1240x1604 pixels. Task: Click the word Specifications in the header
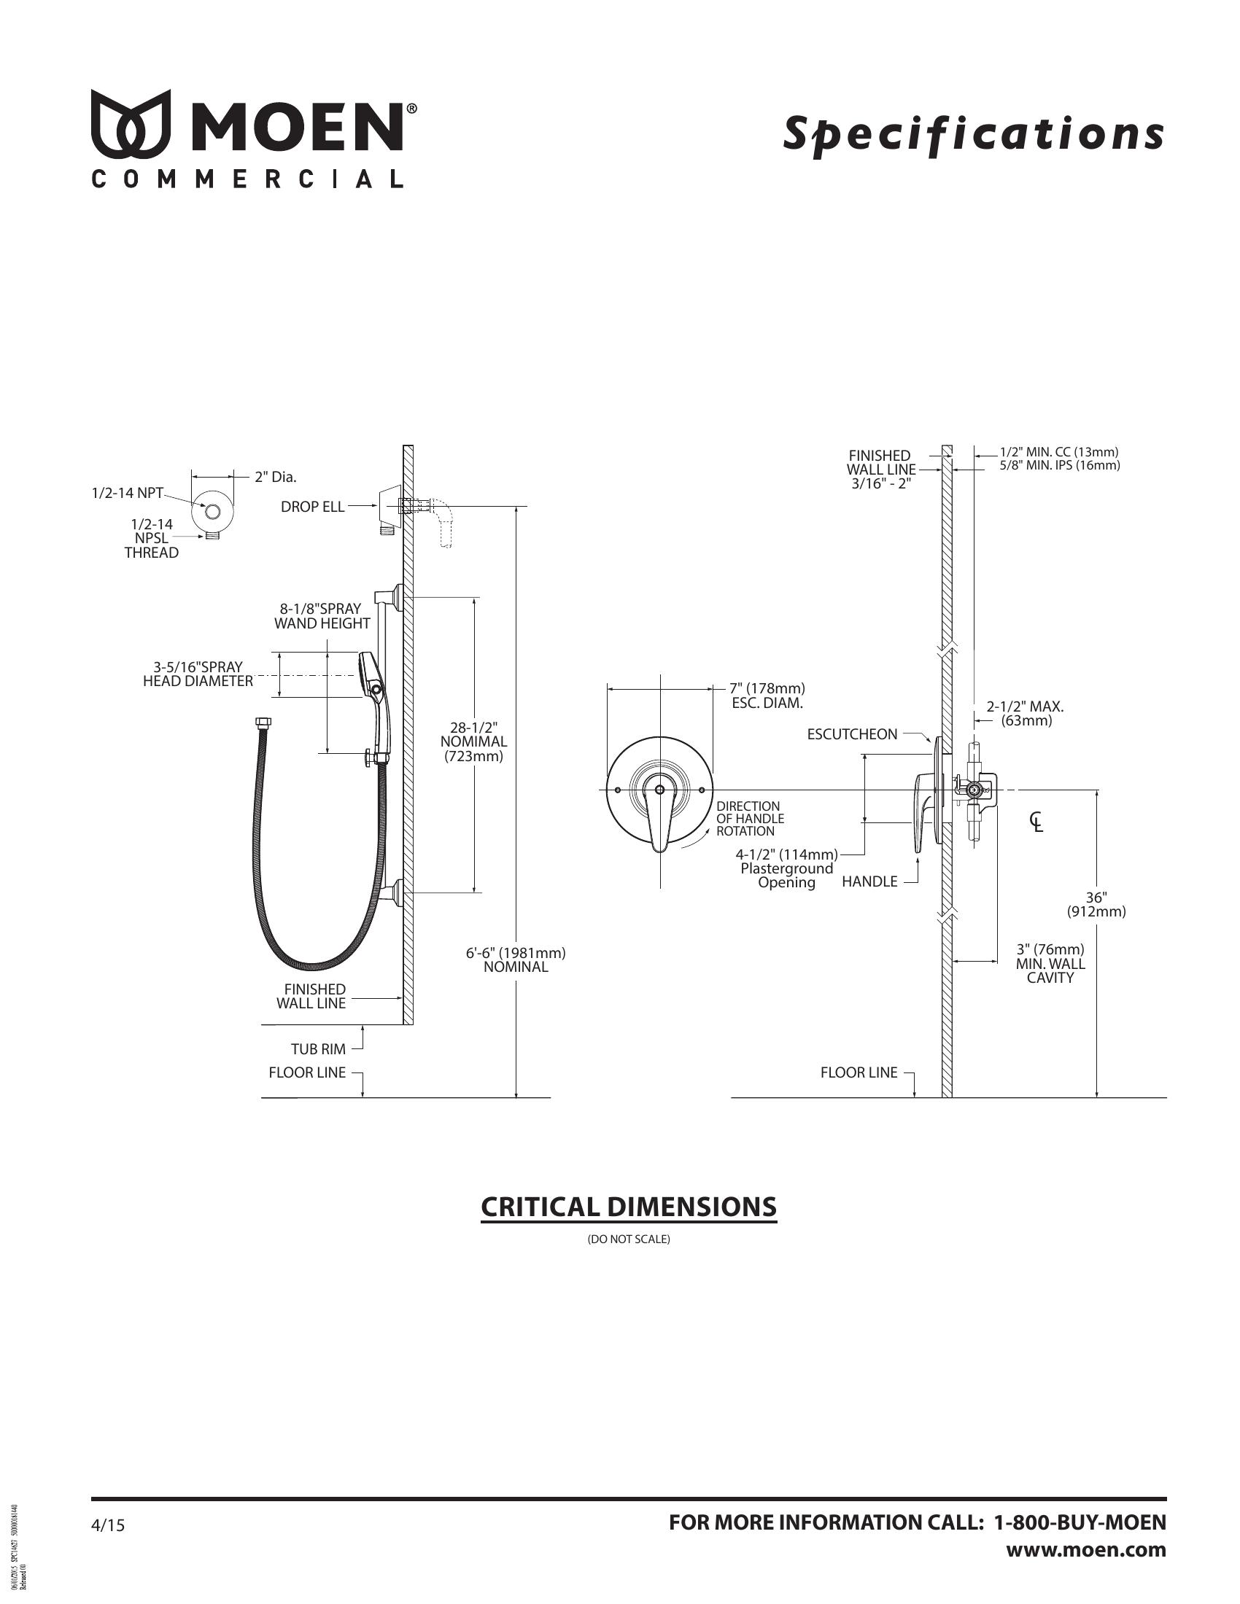point(973,133)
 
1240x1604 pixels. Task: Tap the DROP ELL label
point(312,507)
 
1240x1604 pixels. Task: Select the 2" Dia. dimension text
point(276,478)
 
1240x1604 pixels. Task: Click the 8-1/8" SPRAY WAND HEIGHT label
point(322,616)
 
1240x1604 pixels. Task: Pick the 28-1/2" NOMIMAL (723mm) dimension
point(474,741)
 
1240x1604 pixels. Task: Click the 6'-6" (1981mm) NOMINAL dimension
point(516,960)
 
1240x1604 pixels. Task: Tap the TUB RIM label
point(318,1049)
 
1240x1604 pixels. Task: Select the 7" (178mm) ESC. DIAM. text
point(767,696)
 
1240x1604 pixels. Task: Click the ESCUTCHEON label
point(852,734)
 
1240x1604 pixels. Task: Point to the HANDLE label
point(869,882)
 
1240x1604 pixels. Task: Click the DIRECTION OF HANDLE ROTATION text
point(750,819)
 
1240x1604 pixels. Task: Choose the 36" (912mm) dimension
point(1096,905)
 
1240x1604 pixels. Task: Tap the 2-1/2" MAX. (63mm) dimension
point(1026,713)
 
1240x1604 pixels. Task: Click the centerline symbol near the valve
point(1036,822)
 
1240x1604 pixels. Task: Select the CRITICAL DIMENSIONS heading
point(628,1207)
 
